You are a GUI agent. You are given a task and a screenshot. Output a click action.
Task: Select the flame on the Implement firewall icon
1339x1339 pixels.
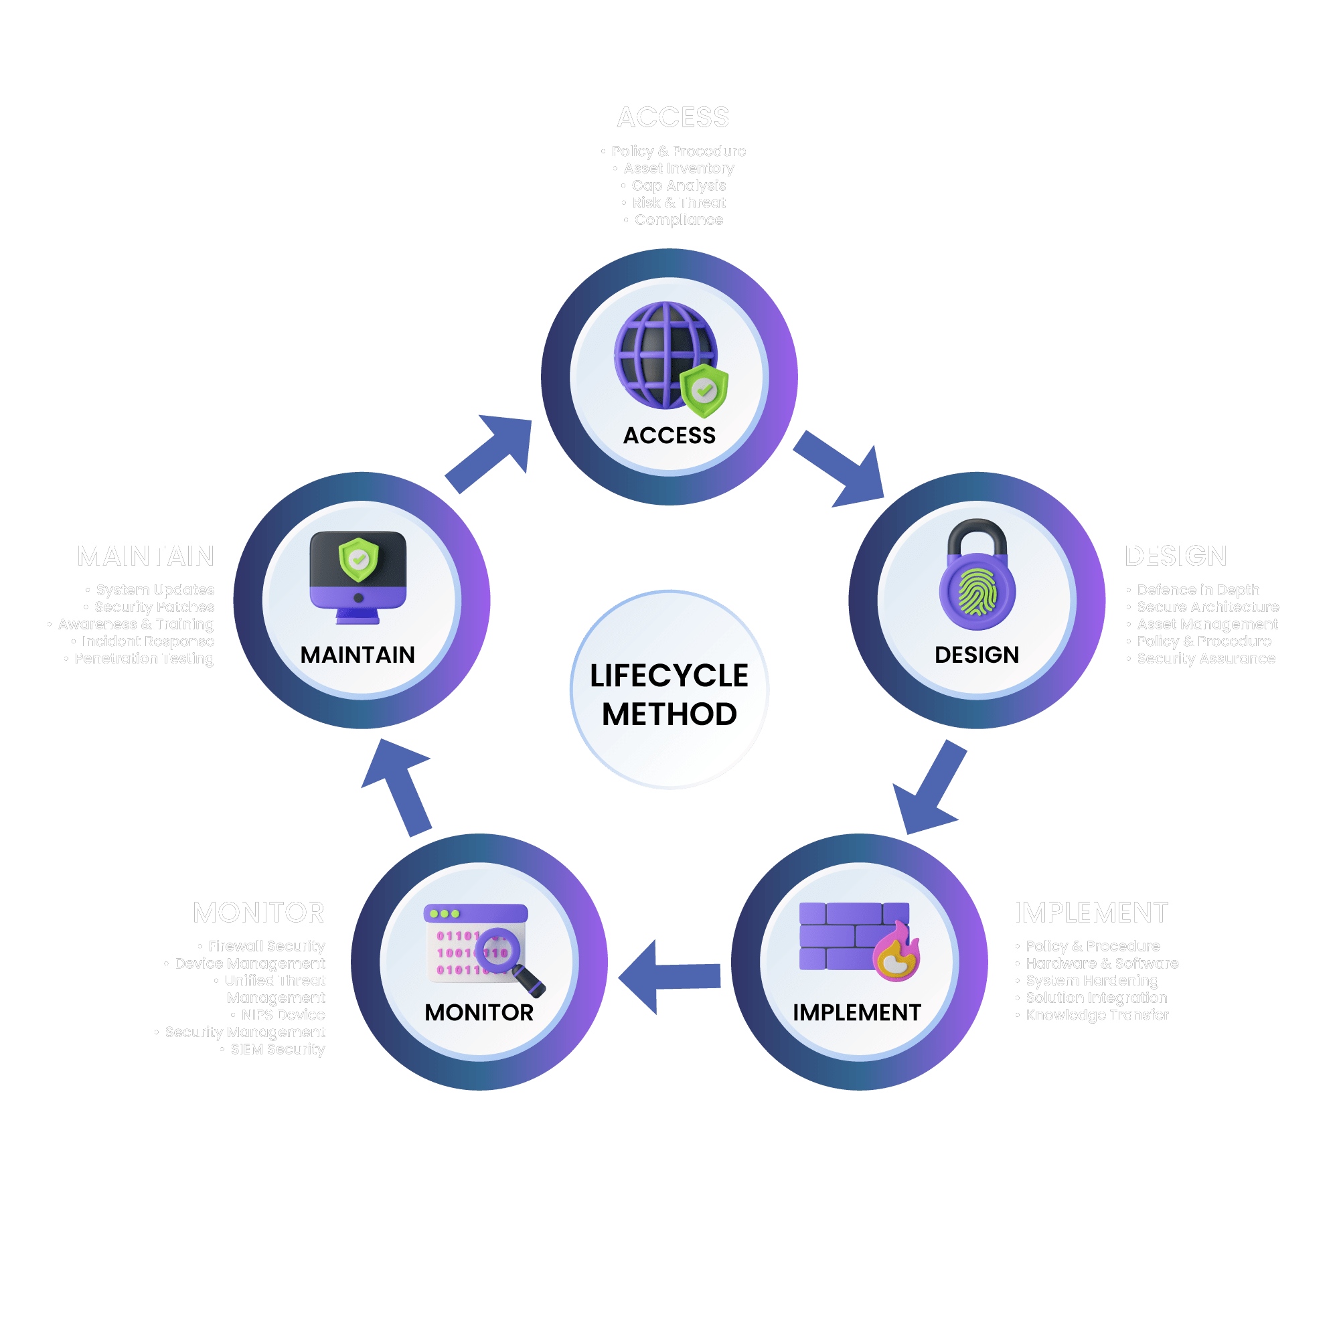(x=897, y=953)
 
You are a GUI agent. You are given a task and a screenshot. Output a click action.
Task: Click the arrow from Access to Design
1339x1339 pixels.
(x=841, y=467)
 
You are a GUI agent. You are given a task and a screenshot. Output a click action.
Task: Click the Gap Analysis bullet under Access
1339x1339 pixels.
(x=678, y=185)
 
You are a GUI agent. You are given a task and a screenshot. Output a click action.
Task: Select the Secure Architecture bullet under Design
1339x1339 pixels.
(x=1207, y=607)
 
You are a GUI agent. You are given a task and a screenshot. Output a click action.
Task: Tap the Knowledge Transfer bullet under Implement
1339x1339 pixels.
(x=1097, y=1015)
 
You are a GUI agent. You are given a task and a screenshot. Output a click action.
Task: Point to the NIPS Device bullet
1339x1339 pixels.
(x=283, y=1015)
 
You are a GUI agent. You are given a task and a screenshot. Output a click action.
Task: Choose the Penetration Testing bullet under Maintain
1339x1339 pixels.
(x=144, y=658)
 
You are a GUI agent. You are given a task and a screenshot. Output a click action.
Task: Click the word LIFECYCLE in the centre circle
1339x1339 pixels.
(x=669, y=676)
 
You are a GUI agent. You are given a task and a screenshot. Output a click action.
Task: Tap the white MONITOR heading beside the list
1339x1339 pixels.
(x=258, y=913)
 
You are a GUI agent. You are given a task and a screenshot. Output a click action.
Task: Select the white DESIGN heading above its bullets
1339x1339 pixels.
(x=1176, y=556)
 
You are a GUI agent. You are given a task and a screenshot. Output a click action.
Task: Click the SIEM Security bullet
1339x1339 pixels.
(x=277, y=1049)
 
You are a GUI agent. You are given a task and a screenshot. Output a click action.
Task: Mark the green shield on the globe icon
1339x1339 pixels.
(x=704, y=391)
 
